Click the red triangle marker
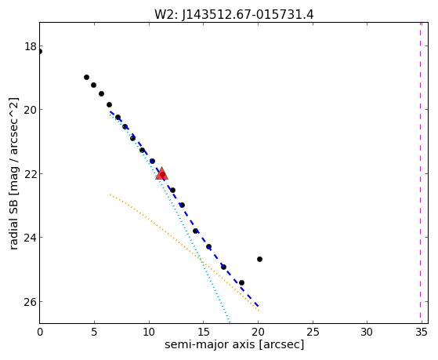[x=162, y=173]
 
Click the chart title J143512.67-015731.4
[x=248, y=15]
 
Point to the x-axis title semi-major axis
[x=209, y=344]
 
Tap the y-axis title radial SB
[x=13, y=215]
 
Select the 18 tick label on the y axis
[x=31, y=46]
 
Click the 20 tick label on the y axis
[x=31, y=110]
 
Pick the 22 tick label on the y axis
[x=31, y=173]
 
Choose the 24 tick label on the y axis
[x=31, y=238]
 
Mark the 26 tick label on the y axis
[x=31, y=301]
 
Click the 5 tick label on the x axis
[x=94, y=333]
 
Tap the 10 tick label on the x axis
[x=149, y=333]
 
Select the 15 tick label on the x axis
[x=204, y=333]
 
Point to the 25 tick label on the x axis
[x=313, y=333]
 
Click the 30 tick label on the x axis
[x=367, y=333]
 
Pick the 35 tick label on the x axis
[x=422, y=333]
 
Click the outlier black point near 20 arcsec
[x=259, y=260]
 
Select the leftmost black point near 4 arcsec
[x=87, y=77]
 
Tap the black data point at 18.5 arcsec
[x=241, y=283]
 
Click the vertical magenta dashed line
[x=421, y=173]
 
